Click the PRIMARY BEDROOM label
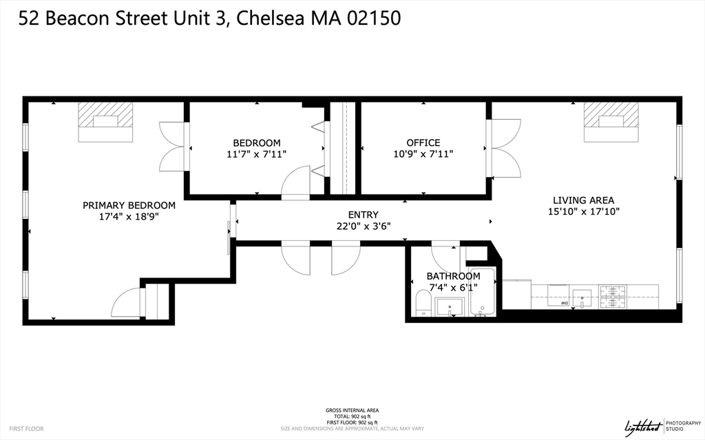tap(129, 205)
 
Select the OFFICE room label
tap(423, 143)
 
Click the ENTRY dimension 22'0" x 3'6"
tap(363, 225)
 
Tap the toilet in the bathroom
tap(423, 303)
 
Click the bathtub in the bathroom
tap(483, 293)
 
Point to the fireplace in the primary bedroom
tap(105, 122)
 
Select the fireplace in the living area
tap(611, 122)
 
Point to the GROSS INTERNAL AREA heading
tap(352, 410)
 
